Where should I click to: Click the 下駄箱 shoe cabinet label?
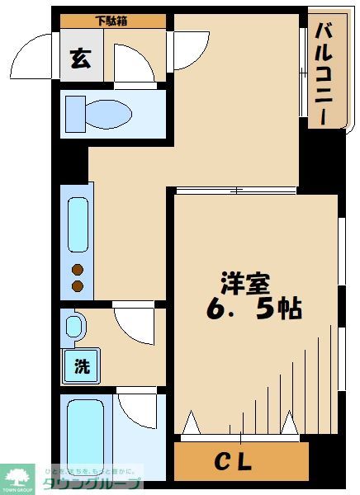(111, 21)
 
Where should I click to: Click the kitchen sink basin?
(78, 225)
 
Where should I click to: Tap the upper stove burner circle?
(78, 269)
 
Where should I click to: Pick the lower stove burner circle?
(78, 285)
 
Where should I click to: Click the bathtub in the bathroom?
(85, 437)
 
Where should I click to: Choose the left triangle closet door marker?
(192, 424)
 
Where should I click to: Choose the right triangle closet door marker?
(289, 424)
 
